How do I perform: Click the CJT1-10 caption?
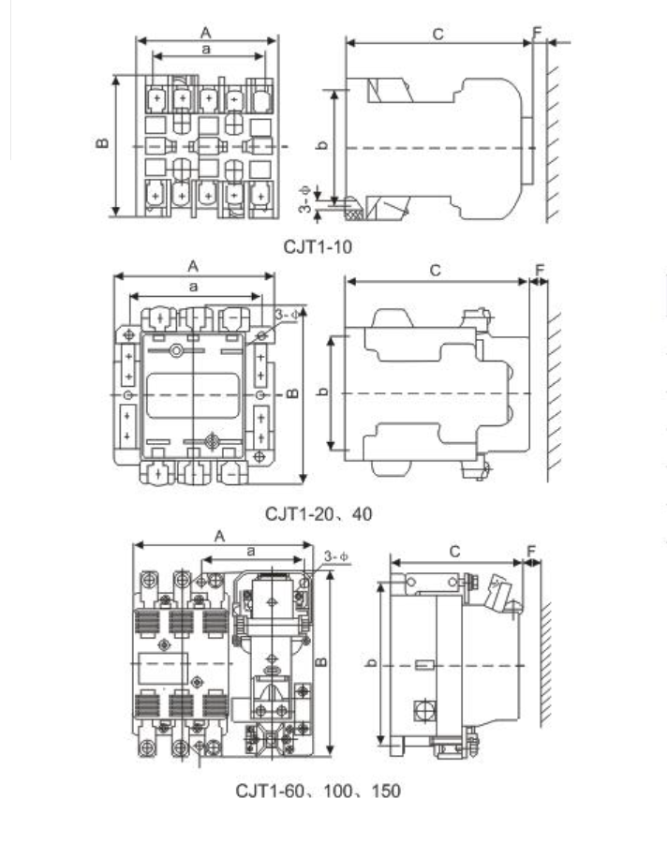point(318,246)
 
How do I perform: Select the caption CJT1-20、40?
point(319,514)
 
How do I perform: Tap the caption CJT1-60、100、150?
point(318,791)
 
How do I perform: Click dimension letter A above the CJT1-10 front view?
point(206,33)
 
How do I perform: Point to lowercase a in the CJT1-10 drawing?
point(206,50)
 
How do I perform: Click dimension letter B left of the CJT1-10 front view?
point(102,143)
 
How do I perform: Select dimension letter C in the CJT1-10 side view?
point(437,34)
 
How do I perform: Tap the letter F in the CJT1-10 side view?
point(537,33)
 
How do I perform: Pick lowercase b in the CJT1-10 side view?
point(323,145)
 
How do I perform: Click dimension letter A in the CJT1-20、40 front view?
point(193,266)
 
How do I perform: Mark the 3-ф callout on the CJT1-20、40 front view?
point(287,315)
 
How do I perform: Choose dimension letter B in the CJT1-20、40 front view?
point(293,392)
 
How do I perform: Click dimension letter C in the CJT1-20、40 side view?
point(435,271)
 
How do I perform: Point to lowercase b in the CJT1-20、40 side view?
point(323,392)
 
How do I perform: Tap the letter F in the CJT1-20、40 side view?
point(540,270)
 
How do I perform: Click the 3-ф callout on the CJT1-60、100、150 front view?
point(335,556)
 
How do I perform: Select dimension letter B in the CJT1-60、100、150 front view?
point(321,661)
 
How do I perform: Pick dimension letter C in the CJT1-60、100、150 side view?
point(454,552)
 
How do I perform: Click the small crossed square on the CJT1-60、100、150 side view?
point(424,710)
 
